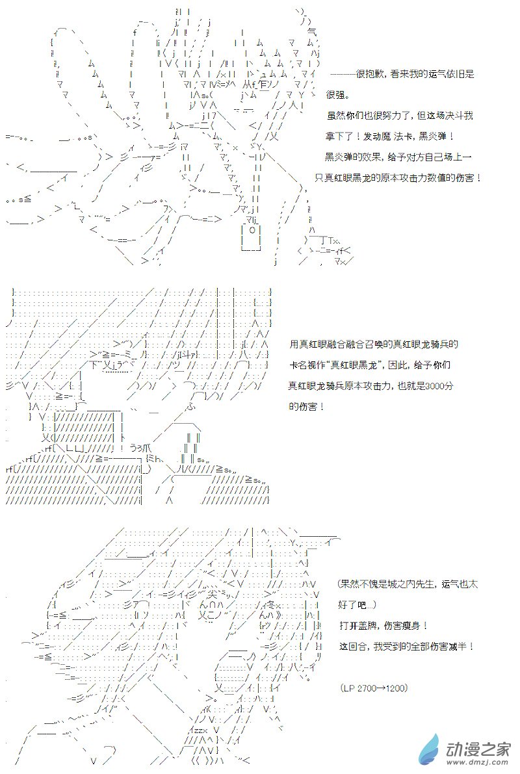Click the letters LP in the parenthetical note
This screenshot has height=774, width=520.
click(x=348, y=688)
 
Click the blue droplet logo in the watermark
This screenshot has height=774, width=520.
click(x=430, y=749)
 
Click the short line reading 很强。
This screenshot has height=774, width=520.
click(x=337, y=94)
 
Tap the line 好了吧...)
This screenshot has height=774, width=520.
click(x=357, y=604)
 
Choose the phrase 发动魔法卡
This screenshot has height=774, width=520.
click(x=387, y=136)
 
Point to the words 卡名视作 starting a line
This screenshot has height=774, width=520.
click(x=304, y=365)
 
